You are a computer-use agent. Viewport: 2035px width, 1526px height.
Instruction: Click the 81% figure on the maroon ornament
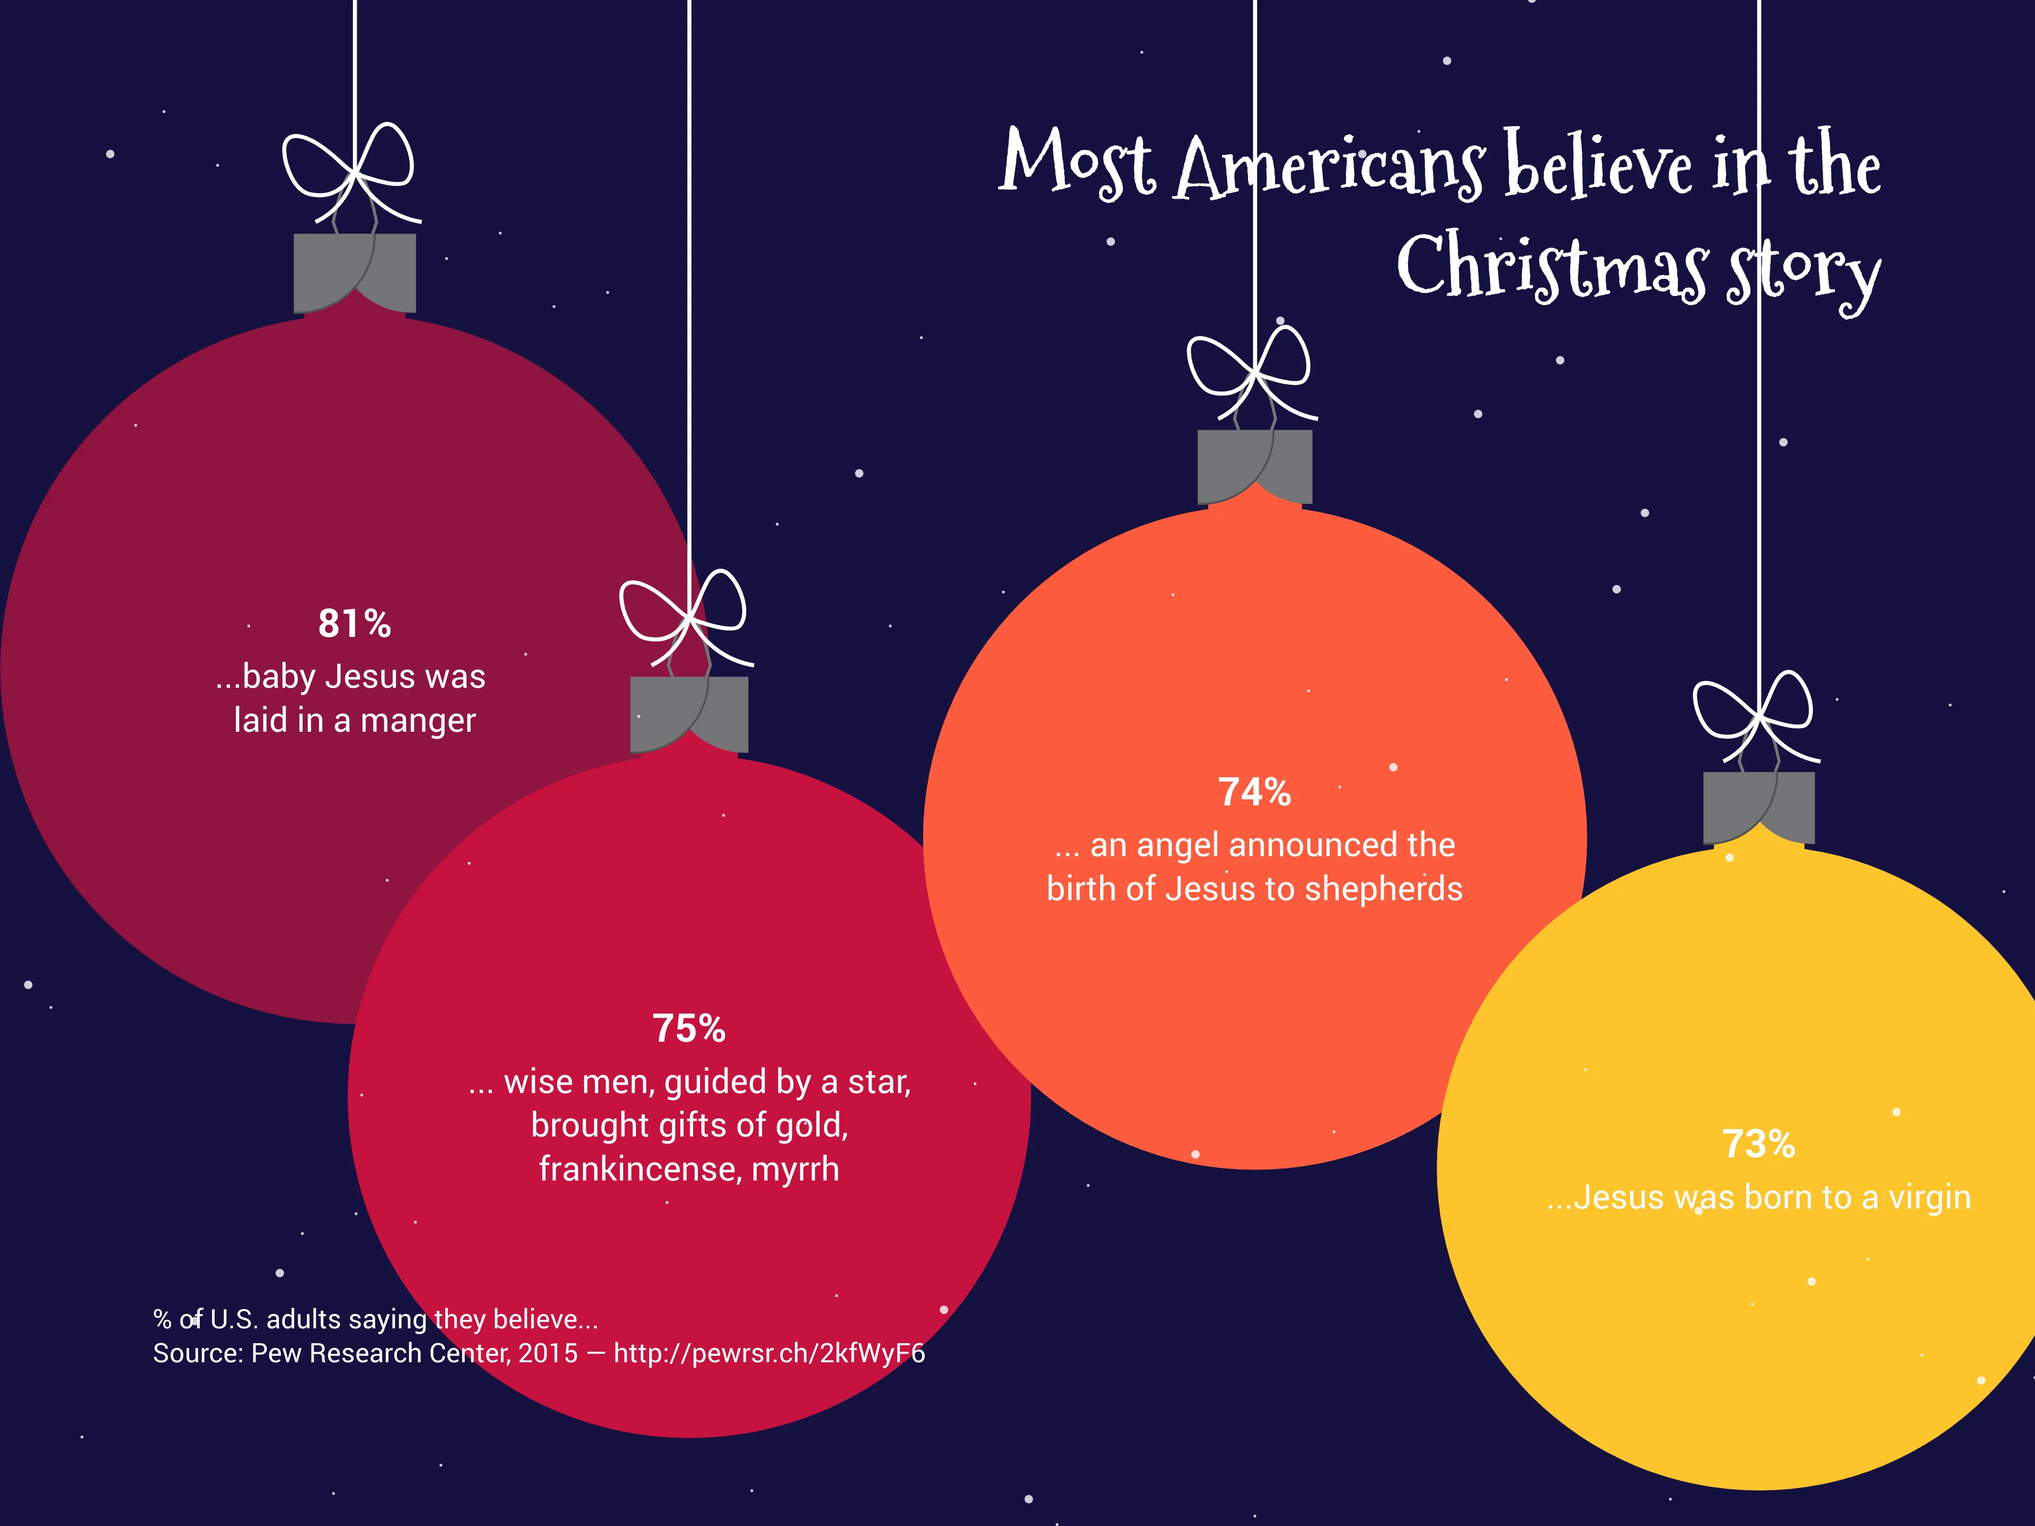coord(354,624)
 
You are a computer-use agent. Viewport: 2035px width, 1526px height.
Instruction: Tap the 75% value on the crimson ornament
coord(688,1028)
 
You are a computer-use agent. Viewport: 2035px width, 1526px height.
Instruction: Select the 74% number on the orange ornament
coord(1254,792)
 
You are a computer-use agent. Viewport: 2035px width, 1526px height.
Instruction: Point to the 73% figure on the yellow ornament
coord(1758,1144)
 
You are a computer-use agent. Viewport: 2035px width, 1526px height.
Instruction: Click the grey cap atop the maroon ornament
coord(354,272)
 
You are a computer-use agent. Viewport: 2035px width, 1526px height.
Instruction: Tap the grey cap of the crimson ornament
coord(688,714)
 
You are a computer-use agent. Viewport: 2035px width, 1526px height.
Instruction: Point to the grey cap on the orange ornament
coord(1254,466)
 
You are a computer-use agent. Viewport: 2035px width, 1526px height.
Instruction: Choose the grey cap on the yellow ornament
coord(1758,806)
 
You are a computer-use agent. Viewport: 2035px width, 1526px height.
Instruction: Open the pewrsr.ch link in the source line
coord(769,1354)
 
